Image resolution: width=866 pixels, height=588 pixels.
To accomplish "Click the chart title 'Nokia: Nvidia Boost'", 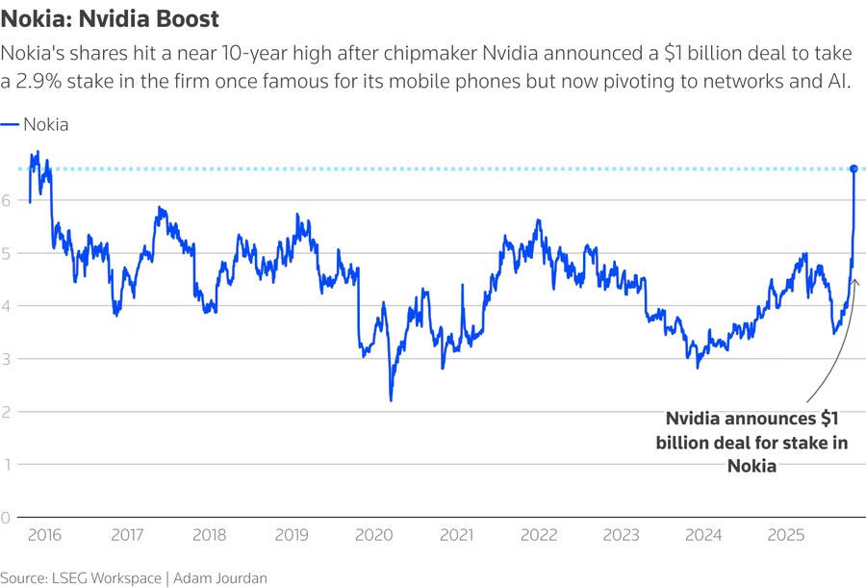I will (109, 18).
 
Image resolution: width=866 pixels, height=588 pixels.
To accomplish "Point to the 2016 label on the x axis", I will (44, 534).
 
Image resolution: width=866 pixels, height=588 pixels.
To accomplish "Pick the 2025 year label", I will (786, 534).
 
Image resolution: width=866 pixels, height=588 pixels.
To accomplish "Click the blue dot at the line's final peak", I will (853, 169).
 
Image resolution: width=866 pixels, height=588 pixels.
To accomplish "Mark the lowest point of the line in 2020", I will (391, 400).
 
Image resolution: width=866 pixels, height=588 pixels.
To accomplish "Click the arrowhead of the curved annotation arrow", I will (854, 282).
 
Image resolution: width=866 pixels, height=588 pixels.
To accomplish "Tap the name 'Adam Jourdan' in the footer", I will (220, 577).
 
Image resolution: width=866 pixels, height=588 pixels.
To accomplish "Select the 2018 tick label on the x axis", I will (209, 534).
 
